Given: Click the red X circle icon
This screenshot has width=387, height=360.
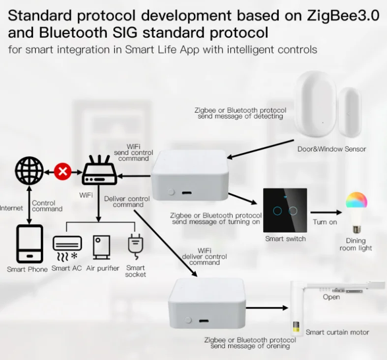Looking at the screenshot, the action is click(62, 172).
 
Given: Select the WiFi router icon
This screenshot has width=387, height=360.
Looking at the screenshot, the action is click(99, 170).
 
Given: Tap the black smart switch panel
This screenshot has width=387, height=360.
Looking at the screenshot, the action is click(285, 210).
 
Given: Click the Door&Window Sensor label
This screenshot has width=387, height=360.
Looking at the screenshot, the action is click(332, 149).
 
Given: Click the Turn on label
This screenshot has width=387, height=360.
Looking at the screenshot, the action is click(325, 222).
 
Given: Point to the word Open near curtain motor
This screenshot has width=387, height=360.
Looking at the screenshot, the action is click(331, 297).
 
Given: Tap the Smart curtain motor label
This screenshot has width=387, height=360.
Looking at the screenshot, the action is click(337, 332).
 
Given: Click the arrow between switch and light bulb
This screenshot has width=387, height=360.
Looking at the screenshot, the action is click(325, 212).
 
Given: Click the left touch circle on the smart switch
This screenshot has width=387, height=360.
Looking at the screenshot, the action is click(277, 211).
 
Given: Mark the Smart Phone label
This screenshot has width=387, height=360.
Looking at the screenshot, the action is click(28, 269).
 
